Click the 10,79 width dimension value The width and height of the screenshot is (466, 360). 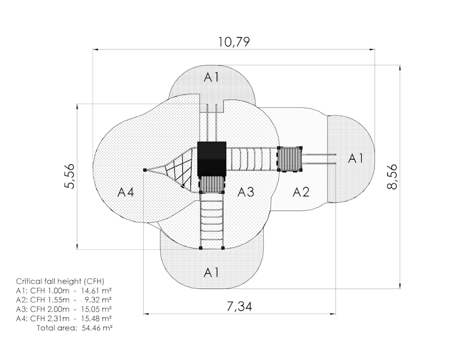click(x=234, y=42)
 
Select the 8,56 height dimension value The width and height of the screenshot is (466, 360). click(x=392, y=177)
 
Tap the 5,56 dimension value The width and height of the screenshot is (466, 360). click(x=70, y=176)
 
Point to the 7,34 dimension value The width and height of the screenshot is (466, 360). click(x=239, y=306)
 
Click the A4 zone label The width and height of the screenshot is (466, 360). click(x=126, y=192)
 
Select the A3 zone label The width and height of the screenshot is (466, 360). click(x=246, y=192)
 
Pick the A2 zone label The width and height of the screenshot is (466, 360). click(x=301, y=192)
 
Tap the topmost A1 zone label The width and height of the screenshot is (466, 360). click(x=211, y=77)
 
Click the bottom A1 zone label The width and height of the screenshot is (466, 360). click(x=211, y=272)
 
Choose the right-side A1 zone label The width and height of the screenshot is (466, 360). click(x=355, y=158)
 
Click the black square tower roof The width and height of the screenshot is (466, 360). click(x=212, y=159)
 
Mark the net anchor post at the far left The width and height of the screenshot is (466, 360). click(x=144, y=170)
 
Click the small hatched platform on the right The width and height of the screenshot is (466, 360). click(x=290, y=159)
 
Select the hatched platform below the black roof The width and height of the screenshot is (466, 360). click(x=211, y=184)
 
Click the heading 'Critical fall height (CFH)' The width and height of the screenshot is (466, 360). click(x=60, y=281)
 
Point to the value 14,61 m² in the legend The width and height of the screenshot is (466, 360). click(x=96, y=291)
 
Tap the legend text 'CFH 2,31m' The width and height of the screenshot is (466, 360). click(x=50, y=319)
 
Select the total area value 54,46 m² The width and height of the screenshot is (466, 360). click(x=97, y=328)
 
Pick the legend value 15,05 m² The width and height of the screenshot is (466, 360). click(x=96, y=309)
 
